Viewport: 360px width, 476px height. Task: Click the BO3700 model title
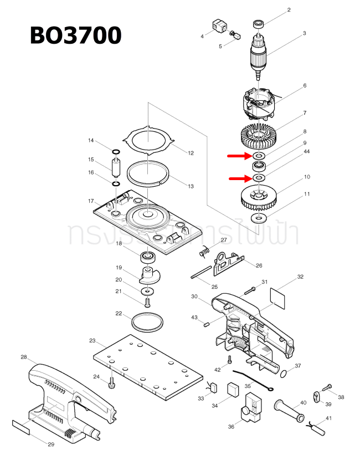75,35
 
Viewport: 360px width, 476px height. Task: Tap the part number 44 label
306,152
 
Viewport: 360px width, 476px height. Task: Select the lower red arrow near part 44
239,178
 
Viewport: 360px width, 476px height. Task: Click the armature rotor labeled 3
259,54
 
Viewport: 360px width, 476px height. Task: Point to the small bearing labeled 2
258,24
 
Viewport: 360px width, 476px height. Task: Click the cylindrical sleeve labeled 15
116,167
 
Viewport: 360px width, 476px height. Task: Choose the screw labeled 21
147,302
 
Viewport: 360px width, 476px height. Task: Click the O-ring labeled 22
147,321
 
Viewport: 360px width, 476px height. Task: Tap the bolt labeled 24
112,382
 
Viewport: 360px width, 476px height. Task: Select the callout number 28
24,357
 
